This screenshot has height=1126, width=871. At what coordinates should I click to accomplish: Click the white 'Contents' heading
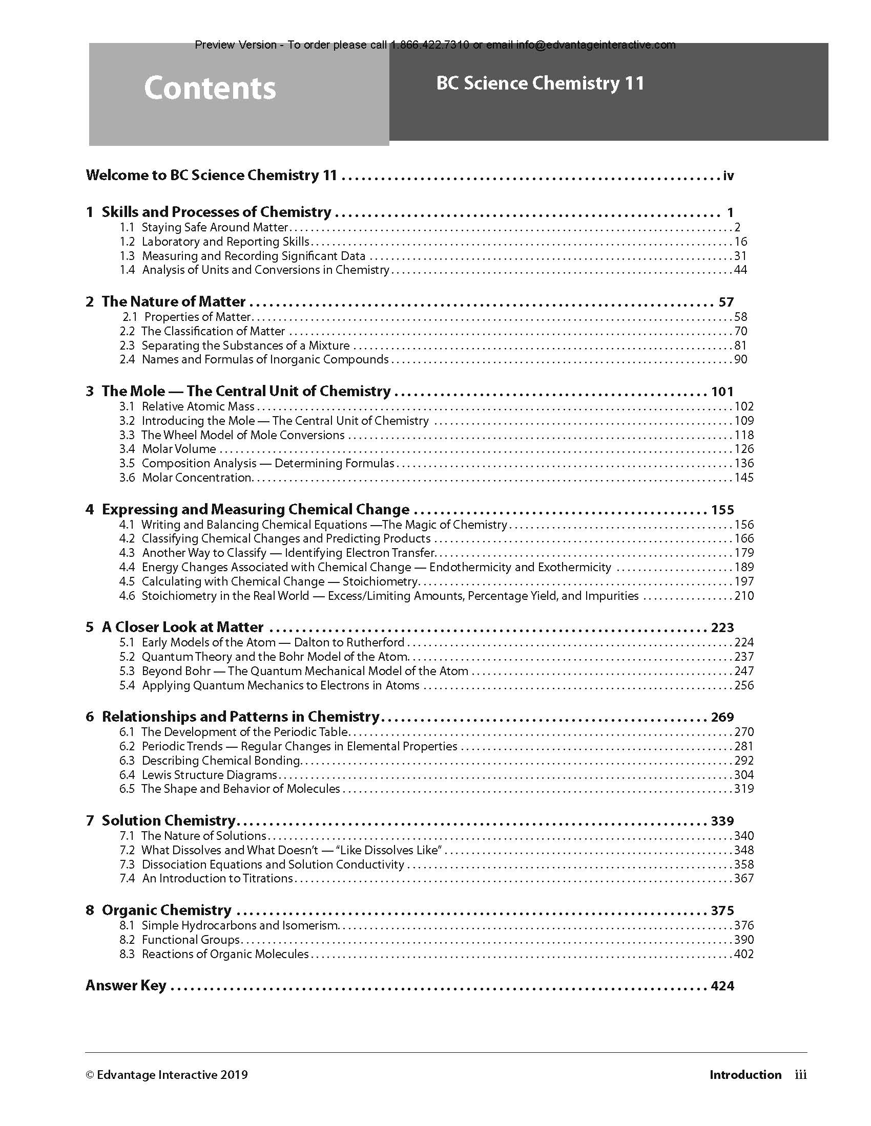tap(210, 88)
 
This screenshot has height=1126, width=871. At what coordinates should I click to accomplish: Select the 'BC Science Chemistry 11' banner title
tap(540, 83)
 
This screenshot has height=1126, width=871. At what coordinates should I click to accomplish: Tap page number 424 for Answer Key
tap(722, 986)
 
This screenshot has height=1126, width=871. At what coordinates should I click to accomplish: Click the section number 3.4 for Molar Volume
tap(127, 449)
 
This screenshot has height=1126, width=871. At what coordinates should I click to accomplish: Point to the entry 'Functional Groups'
tap(191, 940)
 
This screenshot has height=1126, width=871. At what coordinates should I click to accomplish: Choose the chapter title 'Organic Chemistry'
tap(167, 910)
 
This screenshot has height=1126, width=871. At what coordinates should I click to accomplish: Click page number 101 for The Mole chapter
tap(722, 392)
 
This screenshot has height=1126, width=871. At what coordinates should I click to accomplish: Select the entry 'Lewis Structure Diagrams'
tap(210, 775)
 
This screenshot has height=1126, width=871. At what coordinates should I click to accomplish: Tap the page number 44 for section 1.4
tap(740, 270)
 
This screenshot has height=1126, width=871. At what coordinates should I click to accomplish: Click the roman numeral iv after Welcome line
tap(728, 176)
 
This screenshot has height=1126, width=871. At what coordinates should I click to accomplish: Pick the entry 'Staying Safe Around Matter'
tap(215, 227)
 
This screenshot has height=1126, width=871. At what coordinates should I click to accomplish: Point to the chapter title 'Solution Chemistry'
tap(169, 820)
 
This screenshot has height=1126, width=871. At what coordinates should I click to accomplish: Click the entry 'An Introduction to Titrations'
tap(217, 878)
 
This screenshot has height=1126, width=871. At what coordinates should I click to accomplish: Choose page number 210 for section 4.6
tap(743, 596)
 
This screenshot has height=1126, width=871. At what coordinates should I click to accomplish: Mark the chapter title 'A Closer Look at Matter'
tap(183, 627)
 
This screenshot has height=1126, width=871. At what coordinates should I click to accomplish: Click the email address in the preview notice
tap(595, 45)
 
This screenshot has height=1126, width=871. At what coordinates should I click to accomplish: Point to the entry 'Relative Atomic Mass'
tap(198, 406)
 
